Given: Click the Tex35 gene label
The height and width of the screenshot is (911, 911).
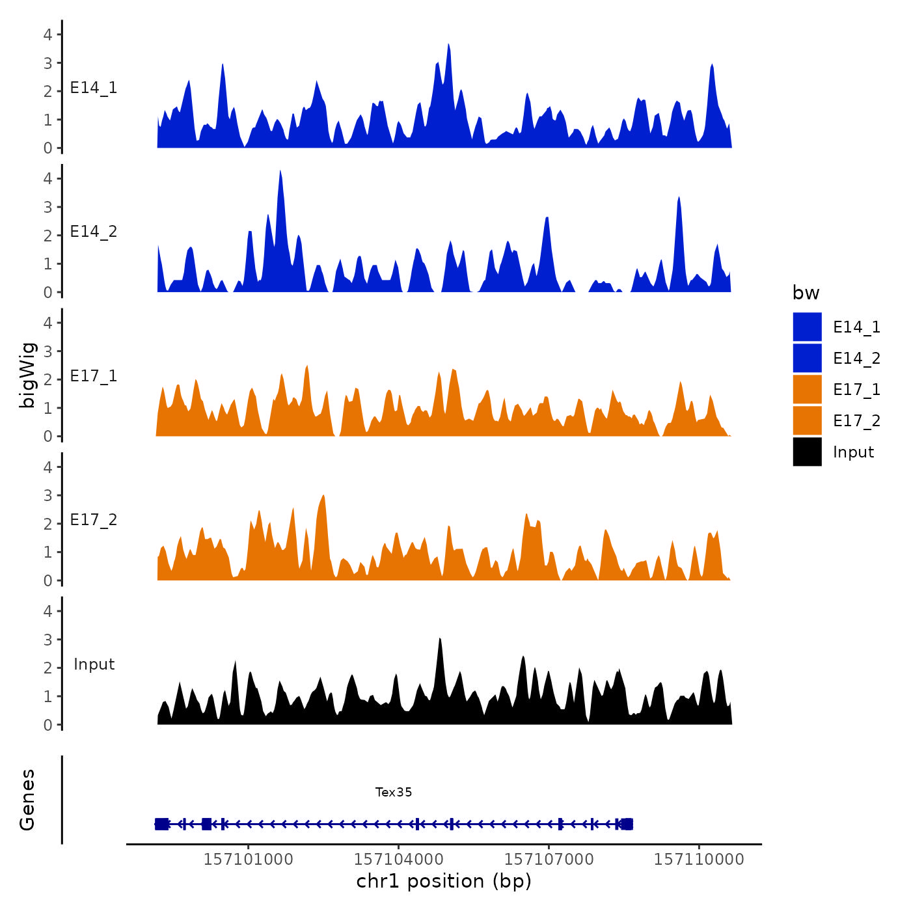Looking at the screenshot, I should [x=394, y=792].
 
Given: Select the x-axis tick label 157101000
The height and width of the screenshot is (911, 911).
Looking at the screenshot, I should [x=249, y=859].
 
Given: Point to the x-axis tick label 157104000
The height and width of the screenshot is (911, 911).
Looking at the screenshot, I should [x=398, y=859].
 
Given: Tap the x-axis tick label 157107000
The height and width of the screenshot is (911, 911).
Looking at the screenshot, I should [x=549, y=859].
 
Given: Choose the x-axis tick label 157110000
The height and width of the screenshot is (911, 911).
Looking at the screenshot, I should [x=699, y=859].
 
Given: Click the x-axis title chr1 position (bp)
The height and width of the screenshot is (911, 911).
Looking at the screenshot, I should [x=444, y=881].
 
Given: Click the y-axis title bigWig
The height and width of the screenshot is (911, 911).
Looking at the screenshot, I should [x=27, y=375].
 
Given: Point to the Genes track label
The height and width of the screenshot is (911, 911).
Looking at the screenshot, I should [x=27, y=800].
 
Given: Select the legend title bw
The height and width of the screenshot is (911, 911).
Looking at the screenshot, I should [x=806, y=293].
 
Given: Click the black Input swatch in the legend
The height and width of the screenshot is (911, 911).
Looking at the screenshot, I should [x=807, y=452].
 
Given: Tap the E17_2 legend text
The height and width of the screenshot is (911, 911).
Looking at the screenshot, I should [x=856, y=421].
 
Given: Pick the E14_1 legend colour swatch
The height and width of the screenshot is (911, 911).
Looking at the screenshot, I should [x=807, y=327].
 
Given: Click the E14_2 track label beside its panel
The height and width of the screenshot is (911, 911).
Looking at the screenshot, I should [x=94, y=232].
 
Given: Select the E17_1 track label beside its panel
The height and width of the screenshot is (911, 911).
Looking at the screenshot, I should [x=94, y=376].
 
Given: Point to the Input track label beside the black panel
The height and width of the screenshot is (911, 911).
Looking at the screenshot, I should [x=94, y=664].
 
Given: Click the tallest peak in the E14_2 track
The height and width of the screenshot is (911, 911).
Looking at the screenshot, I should [x=280, y=173].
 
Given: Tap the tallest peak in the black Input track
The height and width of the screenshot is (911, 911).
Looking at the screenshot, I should [x=441, y=640].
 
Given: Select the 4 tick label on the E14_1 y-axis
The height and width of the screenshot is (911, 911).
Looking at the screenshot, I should [x=48, y=34].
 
